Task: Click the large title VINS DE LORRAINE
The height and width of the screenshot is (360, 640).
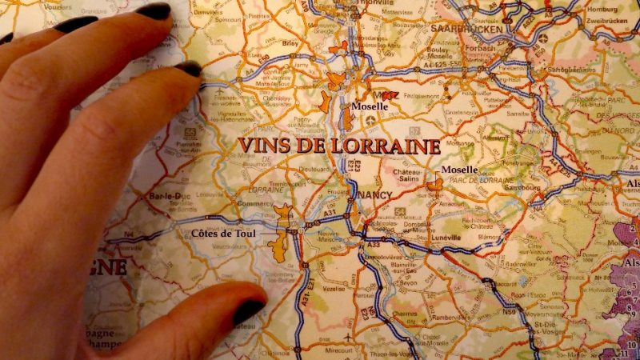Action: click(x=339, y=146)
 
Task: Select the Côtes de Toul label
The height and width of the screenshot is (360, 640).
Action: click(x=225, y=234)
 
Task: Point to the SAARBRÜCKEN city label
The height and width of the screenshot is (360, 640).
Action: click(x=466, y=29)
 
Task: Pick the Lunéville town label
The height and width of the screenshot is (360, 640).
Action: click(x=442, y=238)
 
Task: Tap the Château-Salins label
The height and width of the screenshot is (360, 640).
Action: click(x=406, y=176)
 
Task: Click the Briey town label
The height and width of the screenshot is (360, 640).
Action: click(x=290, y=43)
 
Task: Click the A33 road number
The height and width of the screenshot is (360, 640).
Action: click(x=374, y=244)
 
